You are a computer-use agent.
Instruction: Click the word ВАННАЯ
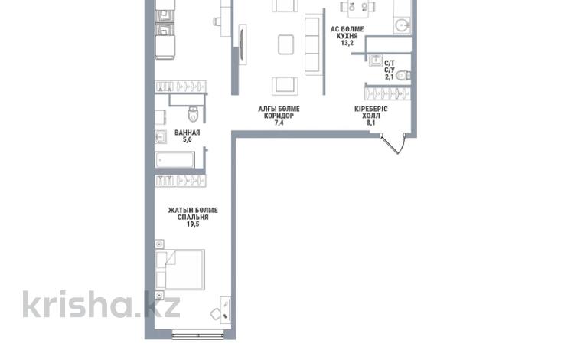187,133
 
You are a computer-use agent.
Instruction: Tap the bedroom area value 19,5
193,224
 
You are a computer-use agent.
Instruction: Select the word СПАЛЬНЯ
193,218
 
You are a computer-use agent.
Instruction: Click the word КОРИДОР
279,116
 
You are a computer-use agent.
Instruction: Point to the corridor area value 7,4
279,123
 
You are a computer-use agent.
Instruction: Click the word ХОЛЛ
371,116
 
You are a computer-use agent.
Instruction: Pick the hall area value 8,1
371,123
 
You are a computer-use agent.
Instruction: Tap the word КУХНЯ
347,36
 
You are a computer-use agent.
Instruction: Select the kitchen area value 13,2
347,43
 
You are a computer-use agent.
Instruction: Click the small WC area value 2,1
389,77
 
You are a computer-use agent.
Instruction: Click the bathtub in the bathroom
175,160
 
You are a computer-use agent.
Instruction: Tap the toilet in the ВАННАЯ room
194,114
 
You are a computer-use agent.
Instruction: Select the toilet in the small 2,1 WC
403,75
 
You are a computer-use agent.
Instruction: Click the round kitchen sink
402,25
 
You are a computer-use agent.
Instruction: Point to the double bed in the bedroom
180,270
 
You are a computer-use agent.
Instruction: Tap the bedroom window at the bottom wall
197,335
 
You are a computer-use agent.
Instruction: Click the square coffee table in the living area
285,44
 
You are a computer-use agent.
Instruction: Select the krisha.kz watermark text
101,305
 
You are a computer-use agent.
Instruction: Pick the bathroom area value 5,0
187,139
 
